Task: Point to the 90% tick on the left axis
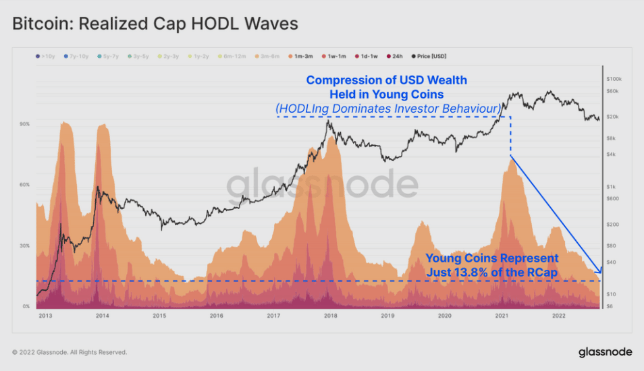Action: pyautogui.click(x=25, y=124)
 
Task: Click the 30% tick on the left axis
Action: pyautogui.click(x=25, y=246)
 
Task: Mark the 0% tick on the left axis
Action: pyautogui.click(x=26, y=306)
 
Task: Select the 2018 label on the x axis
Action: pyautogui.click(x=331, y=315)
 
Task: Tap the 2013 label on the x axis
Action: pyautogui.click(x=45, y=315)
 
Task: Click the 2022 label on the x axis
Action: pyautogui.click(x=559, y=315)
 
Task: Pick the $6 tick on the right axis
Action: pyautogui.click(x=610, y=307)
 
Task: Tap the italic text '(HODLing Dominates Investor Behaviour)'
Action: pyautogui.click(x=387, y=108)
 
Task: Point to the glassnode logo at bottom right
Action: pyautogui.click(x=605, y=352)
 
